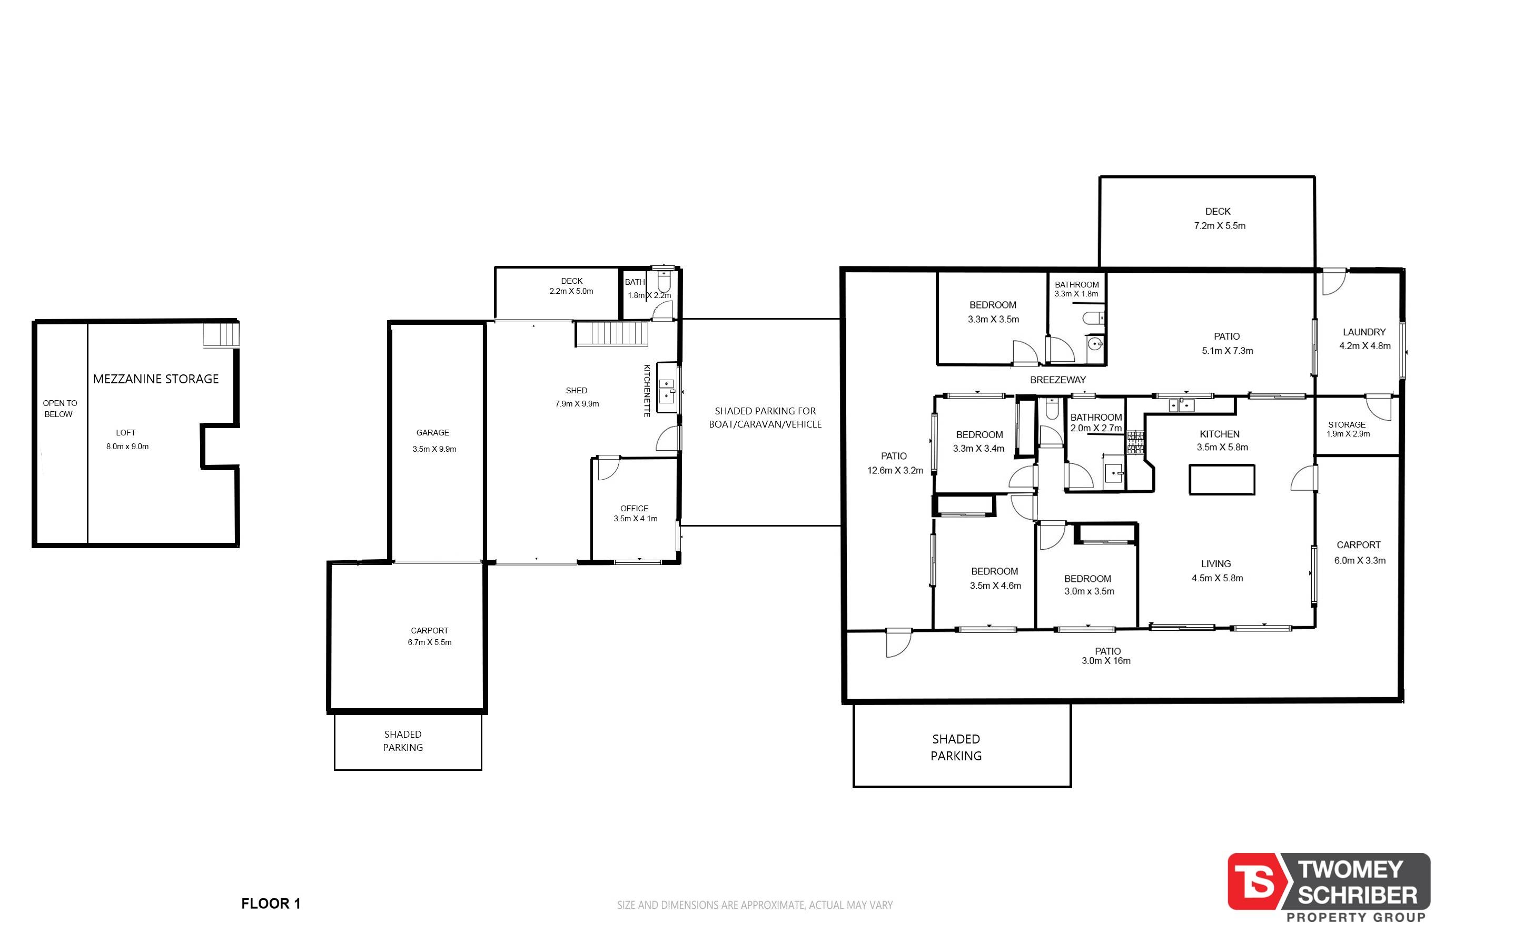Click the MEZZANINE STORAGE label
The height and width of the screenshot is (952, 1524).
[x=155, y=379]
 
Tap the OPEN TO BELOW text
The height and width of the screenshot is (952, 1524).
[x=60, y=409]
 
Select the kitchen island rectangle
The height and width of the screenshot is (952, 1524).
[x=1221, y=479]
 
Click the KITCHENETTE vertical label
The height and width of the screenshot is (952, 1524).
[x=647, y=390]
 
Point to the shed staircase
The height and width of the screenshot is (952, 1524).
[x=612, y=333]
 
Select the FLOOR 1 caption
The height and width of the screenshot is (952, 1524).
[x=271, y=904]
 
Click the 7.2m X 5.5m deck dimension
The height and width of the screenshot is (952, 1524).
[x=1219, y=225]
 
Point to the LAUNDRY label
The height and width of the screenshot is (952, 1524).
[x=1364, y=332]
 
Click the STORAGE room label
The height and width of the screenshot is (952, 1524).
[x=1347, y=424]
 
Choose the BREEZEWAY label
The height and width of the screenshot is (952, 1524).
[x=1057, y=380]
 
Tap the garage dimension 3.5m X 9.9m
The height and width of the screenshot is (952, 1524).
[x=434, y=449]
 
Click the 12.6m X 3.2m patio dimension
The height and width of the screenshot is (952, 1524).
[x=895, y=470]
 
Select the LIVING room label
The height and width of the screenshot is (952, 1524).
[x=1215, y=563]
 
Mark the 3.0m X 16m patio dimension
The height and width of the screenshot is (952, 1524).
[x=1106, y=660]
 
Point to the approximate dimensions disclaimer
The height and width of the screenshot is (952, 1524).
[x=755, y=905]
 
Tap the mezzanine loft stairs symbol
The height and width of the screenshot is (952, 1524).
[x=221, y=334]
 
